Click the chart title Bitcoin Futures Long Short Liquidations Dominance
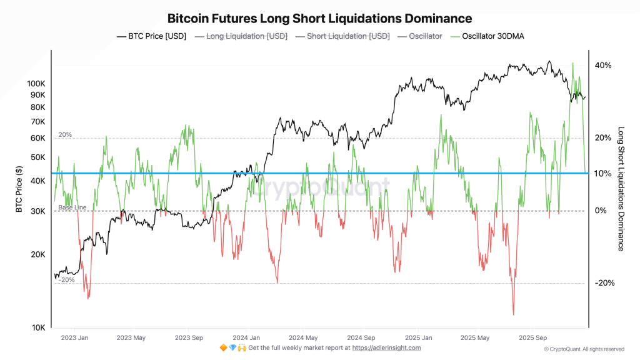(x=319, y=19)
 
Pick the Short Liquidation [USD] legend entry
(x=342, y=36)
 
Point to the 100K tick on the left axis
(x=37, y=83)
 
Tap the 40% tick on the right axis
(x=602, y=66)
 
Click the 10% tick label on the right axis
(x=602, y=173)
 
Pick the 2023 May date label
(x=131, y=337)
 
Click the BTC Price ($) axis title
(x=19, y=187)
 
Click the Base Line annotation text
(x=72, y=207)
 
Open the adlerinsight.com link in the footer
(x=386, y=347)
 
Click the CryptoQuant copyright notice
(x=583, y=349)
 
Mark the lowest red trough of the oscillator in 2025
(x=513, y=314)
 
